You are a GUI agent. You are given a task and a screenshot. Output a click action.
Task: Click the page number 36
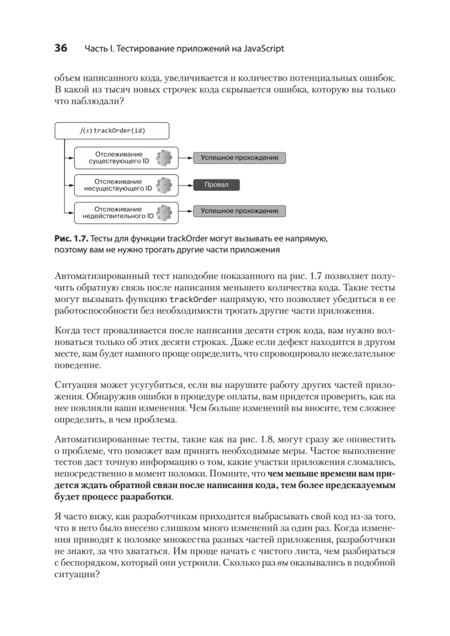60,49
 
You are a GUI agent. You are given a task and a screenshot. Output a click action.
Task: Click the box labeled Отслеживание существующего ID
124,157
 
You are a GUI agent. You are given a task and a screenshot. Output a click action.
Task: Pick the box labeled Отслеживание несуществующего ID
124,184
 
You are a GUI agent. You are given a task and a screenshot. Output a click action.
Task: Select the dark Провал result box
216,185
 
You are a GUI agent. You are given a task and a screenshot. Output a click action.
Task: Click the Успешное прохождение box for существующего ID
239,157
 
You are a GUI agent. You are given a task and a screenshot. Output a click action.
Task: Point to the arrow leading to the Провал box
185,185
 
